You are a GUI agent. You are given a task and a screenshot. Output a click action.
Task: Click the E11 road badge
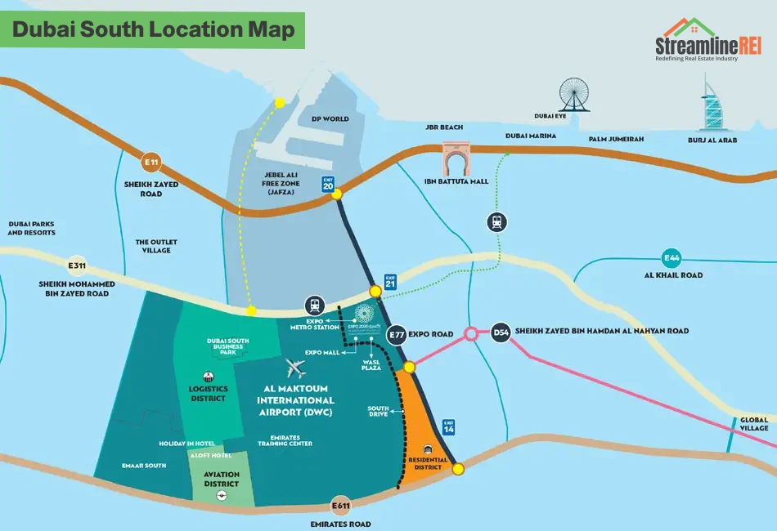(x=151, y=162)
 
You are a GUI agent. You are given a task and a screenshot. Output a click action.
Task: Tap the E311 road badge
(x=77, y=265)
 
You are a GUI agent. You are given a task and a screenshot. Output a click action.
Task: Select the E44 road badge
(x=671, y=258)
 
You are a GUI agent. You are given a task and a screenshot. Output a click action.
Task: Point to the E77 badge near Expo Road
(x=397, y=334)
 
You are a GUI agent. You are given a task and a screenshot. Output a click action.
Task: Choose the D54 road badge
(x=501, y=332)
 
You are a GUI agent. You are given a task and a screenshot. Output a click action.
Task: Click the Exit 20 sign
(x=329, y=185)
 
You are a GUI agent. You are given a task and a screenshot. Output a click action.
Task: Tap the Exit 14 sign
(x=448, y=426)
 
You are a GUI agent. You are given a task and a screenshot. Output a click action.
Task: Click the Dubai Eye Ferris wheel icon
(x=573, y=95)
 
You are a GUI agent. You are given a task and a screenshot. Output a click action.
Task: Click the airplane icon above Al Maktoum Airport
(x=294, y=368)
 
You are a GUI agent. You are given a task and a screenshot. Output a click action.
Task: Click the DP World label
(x=330, y=119)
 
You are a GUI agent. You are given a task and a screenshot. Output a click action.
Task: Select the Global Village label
(x=754, y=423)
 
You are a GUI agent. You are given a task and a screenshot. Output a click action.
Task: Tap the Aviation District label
(x=222, y=480)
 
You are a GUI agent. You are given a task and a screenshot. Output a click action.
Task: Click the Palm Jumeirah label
(x=616, y=140)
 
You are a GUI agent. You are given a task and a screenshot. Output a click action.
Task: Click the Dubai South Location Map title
(x=153, y=30)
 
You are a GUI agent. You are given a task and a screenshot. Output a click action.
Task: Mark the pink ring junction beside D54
(x=471, y=333)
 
